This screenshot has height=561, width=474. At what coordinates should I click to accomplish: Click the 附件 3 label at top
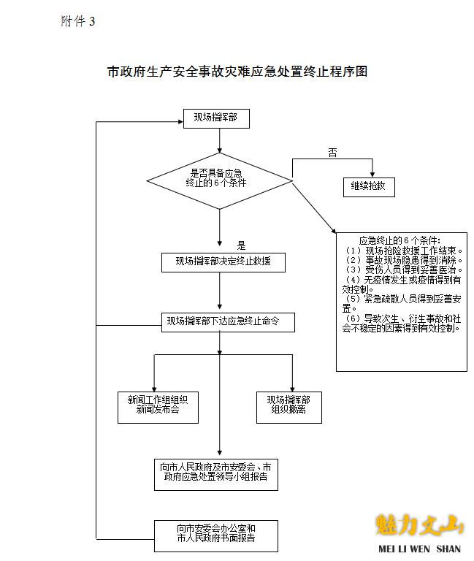pos(78,21)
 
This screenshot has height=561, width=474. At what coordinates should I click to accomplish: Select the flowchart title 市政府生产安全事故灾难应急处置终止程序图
pos(236,72)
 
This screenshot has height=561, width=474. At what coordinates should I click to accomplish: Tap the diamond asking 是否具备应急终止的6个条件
pos(219,178)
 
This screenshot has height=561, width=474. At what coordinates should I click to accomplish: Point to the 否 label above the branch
pos(332,150)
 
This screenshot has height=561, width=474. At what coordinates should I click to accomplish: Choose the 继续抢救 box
pos(369,186)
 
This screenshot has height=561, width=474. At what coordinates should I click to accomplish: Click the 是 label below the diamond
pos(242,245)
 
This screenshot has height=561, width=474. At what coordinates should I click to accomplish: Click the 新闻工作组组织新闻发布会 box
pos(153,405)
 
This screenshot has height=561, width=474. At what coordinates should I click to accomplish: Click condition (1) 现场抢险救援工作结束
pos(403,250)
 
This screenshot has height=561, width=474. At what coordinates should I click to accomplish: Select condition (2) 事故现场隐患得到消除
pos(403,259)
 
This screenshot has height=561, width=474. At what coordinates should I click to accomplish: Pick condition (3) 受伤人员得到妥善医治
pos(403,270)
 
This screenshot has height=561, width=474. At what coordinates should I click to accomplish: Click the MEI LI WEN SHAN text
pos(419,549)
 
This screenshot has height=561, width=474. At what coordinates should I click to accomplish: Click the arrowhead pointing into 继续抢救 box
pos(372,174)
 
